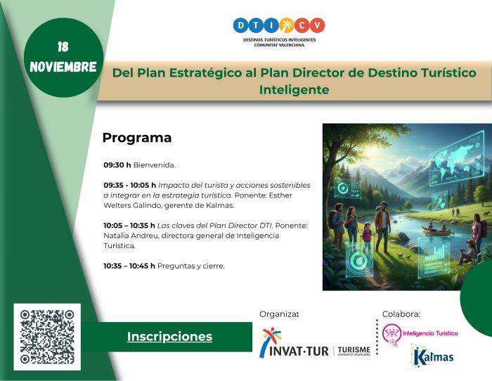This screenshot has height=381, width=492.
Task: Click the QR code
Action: click(47, 336)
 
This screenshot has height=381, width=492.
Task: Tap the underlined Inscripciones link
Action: click(169, 337)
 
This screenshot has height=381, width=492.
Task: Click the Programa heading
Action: click(137, 138)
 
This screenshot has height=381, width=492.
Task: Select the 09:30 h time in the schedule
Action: click(117, 165)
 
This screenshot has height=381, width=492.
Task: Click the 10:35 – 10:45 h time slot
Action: click(129, 266)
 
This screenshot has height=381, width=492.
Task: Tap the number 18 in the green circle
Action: click(63, 47)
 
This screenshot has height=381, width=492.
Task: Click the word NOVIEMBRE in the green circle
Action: click(63, 67)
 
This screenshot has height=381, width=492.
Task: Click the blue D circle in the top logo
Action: click(241, 25)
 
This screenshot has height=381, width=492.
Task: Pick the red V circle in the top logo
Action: click(318, 25)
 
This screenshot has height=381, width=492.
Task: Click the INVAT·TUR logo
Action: click(295, 344)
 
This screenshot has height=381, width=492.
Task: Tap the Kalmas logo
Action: click(432, 356)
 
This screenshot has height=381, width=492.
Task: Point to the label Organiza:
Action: click(279, 314)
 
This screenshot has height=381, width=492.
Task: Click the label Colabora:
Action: click(401, 314)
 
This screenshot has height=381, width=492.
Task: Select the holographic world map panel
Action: click(456, 153)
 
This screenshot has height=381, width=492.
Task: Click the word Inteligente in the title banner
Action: click(294, 90)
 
